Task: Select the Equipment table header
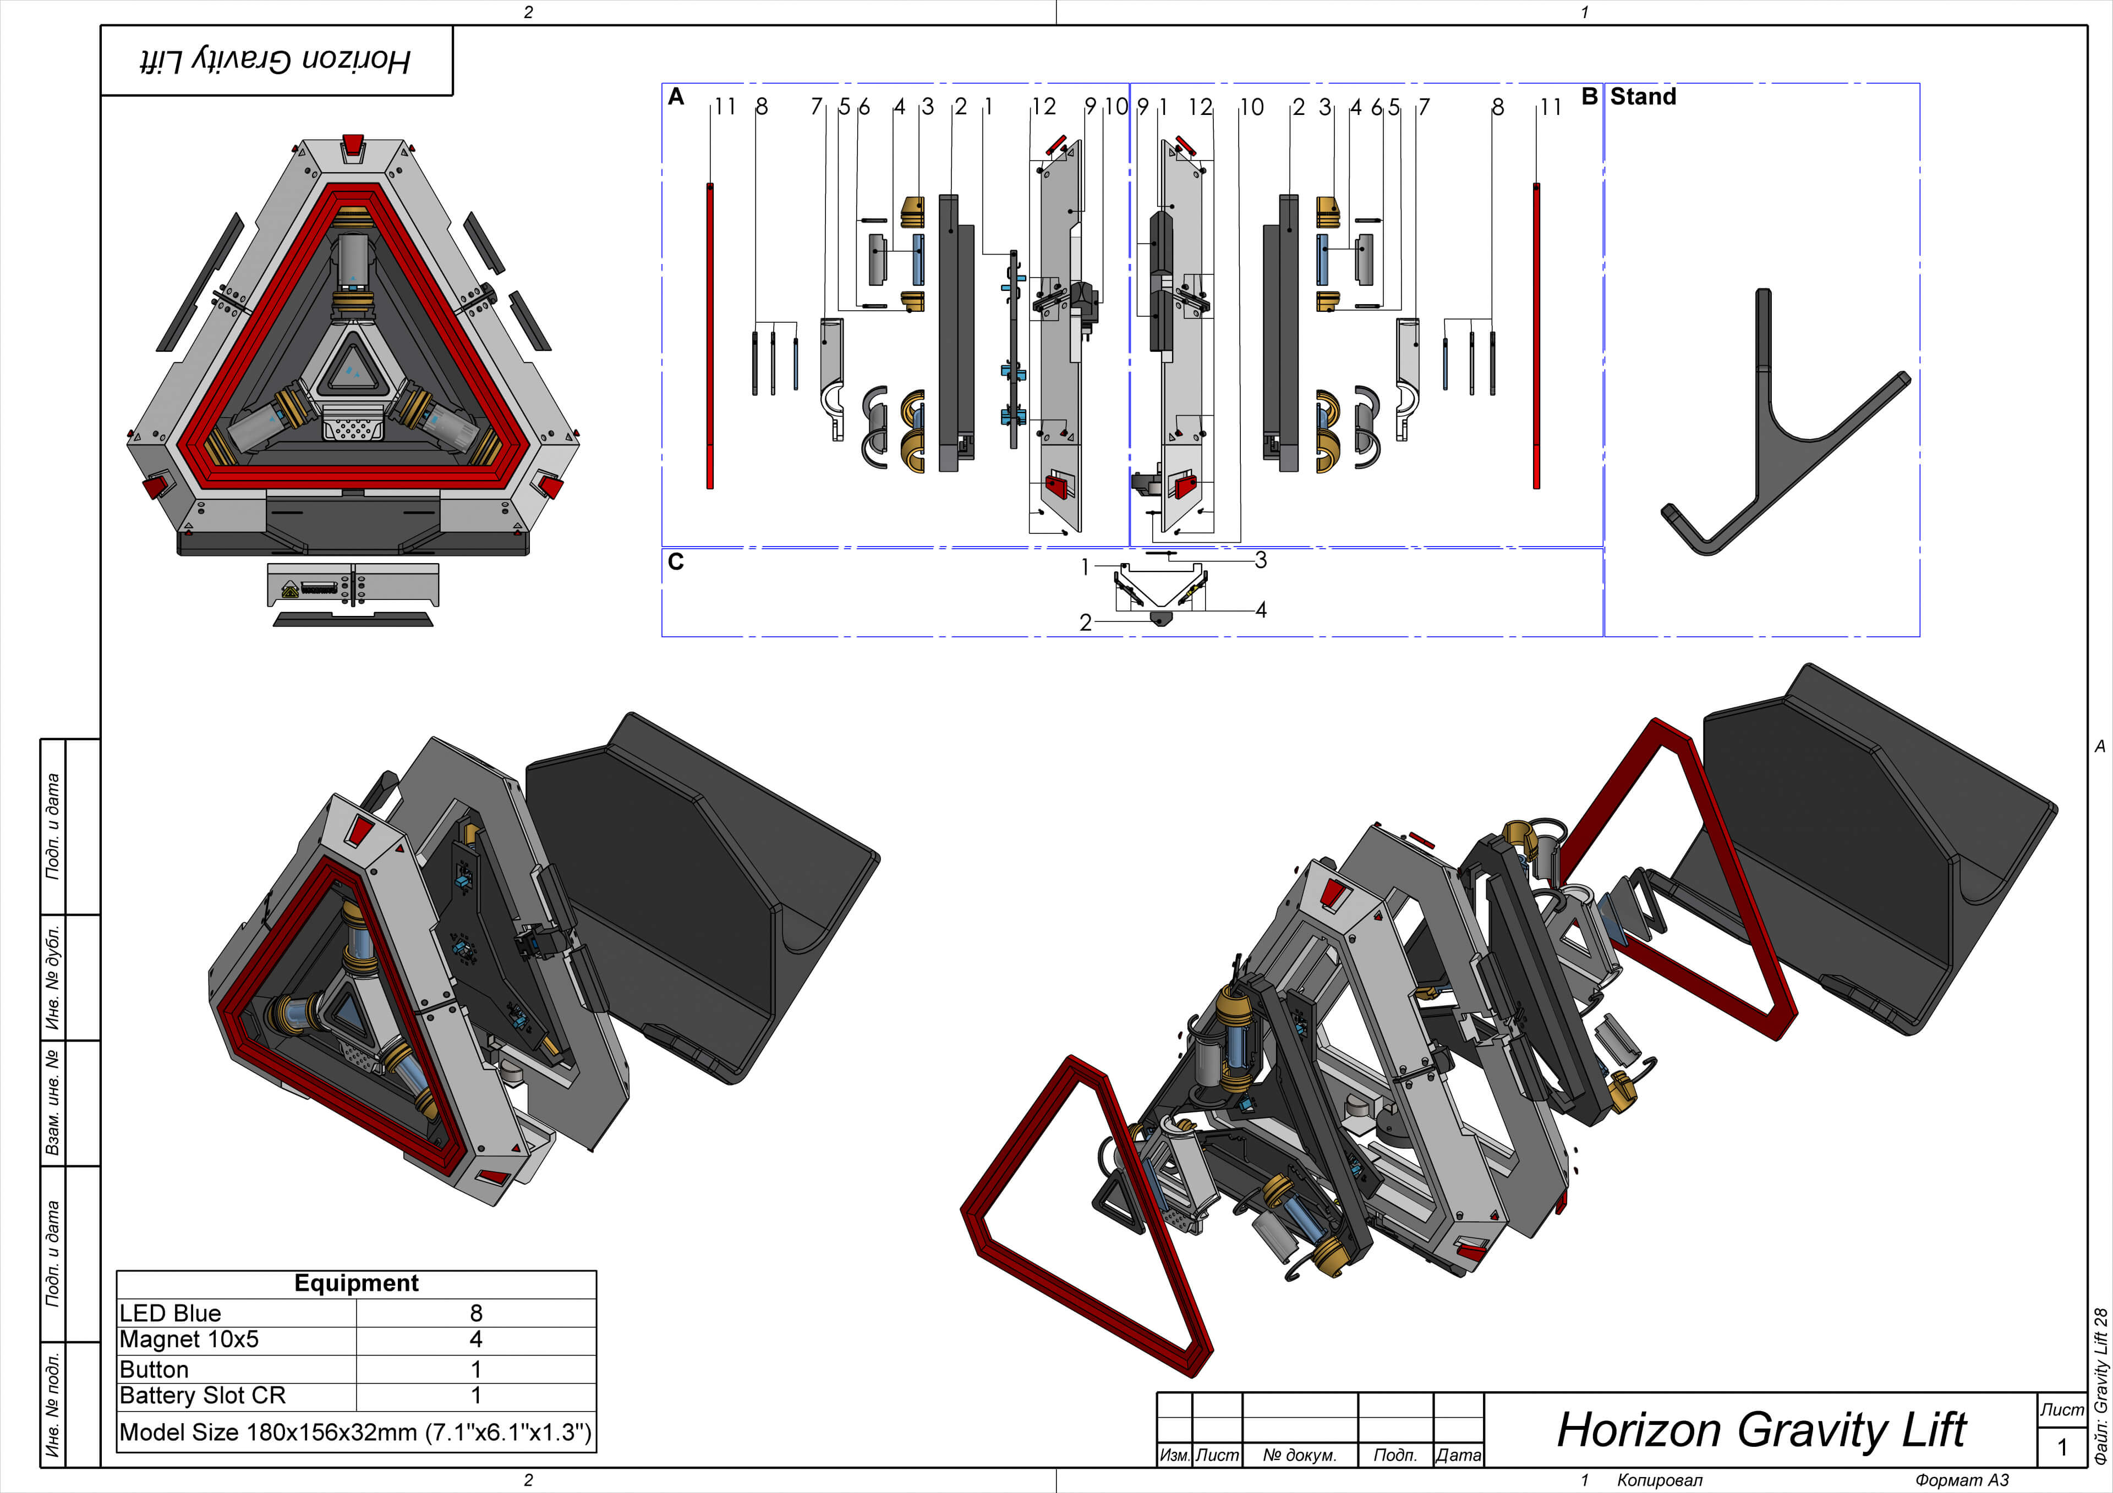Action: tap(356, 1283)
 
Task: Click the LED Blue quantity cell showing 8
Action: tap(476, 1313)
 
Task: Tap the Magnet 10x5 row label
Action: tap(190, 1340)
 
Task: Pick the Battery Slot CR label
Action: tap(202, 1396)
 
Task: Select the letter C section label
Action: tap(676, 562)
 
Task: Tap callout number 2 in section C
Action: tap(1085, 624)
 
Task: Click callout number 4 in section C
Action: tap(1261, 610)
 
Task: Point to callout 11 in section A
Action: tap(725, 107)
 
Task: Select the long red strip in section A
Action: tap(709, 336)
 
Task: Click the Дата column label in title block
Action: tap(1459, 1455)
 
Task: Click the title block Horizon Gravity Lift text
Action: tap(1760, 1430)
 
